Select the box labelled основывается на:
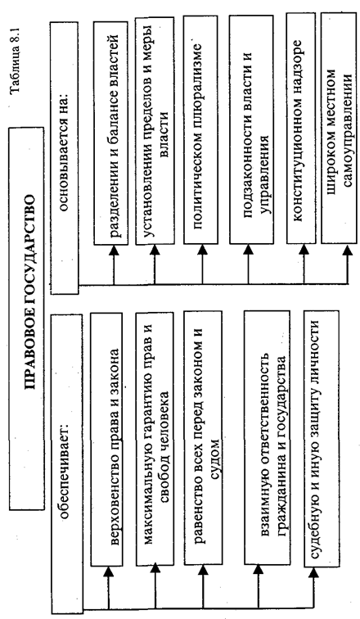click(x=65, y=158)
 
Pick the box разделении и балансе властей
click(x=110, y=133)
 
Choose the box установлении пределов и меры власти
click(x=155, y=131)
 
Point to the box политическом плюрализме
click(x=200, y=130)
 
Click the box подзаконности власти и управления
click(x=251, y=129)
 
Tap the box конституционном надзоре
click(x=301, y=129)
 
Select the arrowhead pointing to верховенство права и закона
click(x=108, y=572)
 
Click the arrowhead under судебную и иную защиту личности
click(x=313, y=572)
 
